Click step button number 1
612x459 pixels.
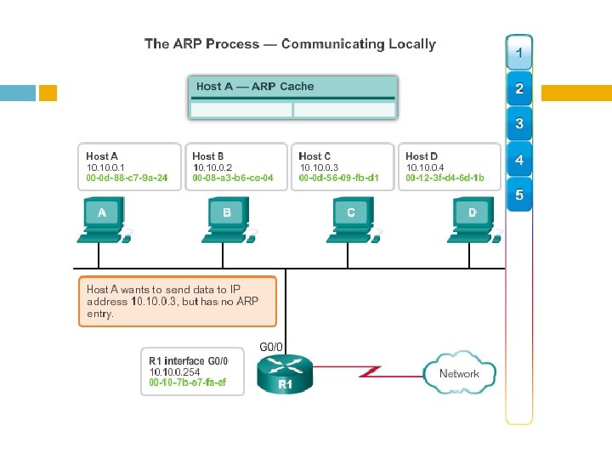519,53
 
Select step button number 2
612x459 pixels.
519,88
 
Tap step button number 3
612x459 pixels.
519,124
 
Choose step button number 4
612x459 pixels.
519,160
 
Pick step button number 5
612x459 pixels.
519,196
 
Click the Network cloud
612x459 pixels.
459,373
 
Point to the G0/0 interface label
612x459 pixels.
270,347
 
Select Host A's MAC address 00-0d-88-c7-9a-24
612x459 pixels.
127,178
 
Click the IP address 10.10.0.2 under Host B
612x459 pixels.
212,167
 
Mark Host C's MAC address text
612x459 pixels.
339,178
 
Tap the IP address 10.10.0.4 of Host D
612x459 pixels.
426,167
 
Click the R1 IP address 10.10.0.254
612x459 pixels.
174,371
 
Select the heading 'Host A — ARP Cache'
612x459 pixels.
255,87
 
